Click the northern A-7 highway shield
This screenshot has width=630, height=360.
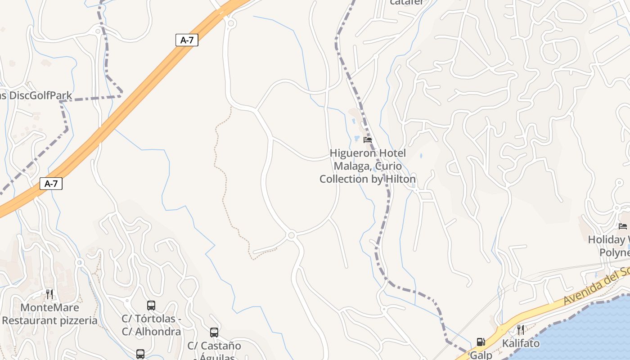(187, 40)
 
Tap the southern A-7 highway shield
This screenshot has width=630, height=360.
(51, 184)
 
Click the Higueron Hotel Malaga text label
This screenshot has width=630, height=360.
(368, 166)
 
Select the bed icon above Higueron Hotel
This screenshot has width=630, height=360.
(368, 140)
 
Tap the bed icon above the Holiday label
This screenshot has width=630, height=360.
(623, 226)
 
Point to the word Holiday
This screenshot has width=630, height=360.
(607, 239)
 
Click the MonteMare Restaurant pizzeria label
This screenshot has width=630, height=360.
(49, 314)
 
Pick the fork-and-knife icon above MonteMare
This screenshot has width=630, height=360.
(49, 294)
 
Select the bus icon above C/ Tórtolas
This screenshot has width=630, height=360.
(151, 306)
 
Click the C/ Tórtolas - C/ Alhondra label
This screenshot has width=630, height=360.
(151, 325)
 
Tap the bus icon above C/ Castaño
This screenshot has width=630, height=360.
(214, 333)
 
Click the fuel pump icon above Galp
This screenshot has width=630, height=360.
(481, 342)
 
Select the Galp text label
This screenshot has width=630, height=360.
(481, 355)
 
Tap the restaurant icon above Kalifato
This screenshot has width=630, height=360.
(521, 330)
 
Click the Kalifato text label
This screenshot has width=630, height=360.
(521, 343)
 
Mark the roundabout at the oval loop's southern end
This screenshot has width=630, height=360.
(291, 235)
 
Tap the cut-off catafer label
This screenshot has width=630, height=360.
(407, 2)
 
